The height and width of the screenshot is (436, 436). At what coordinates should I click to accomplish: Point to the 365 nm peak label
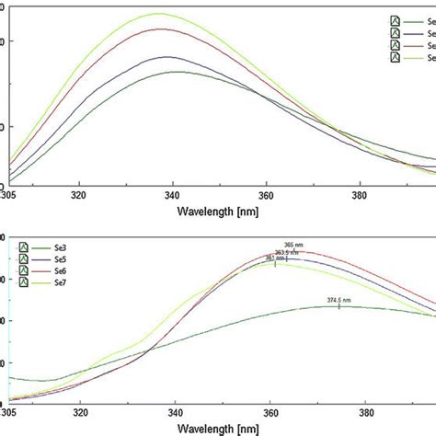[294, 246]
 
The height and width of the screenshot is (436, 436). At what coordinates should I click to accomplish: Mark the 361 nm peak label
[275, 258]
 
